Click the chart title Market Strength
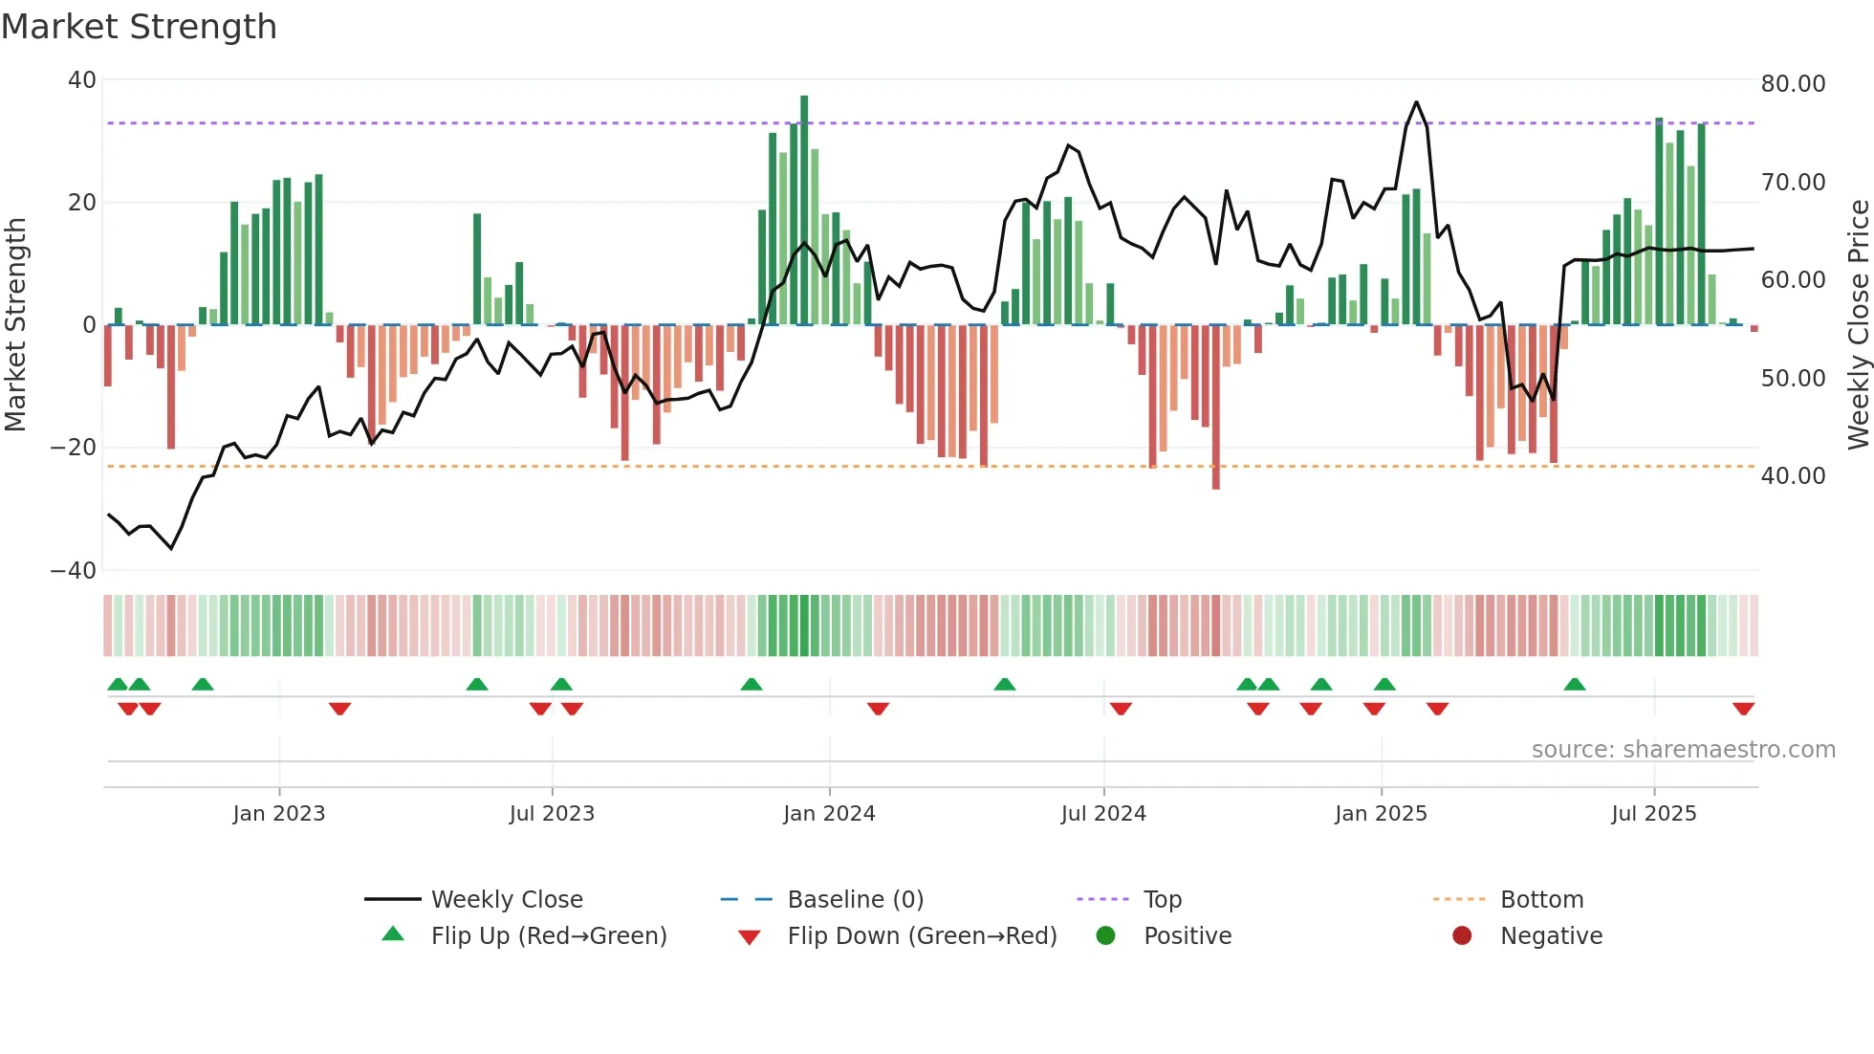coord(139,27)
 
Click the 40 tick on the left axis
coord(81,80)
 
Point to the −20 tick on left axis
coord(74,448)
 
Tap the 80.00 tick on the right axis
coord(1793,84)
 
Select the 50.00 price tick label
coord(1793,379)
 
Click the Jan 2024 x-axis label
coord(828,814)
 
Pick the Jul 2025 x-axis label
coord(1653,814)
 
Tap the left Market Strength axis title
coord(15,325)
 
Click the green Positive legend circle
coord(1105,936)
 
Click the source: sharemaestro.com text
coord(1683,750)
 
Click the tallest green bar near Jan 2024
coord(804,210)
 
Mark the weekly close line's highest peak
coord(1416,102)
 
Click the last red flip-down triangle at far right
coord(1743,709)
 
